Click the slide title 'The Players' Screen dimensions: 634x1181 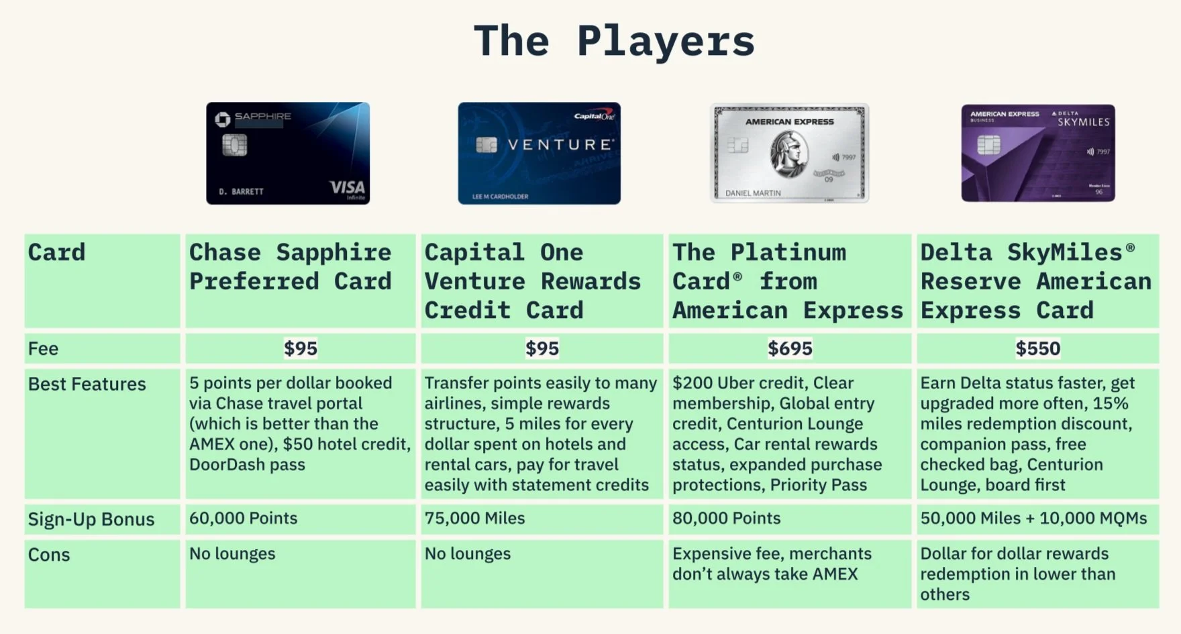pyautogui.click(x=614, y=42)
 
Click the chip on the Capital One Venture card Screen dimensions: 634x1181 pyautogui.click(x=486, y=144)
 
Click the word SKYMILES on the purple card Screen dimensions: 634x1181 pyautogui.click(x=1083, y=122)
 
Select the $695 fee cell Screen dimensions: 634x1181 pyautogui.click(x=790, y=348)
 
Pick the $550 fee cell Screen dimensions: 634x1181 pyautogui.click(x=1037, y=348)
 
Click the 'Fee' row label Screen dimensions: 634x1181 pyautogui.click(x=44, y=349)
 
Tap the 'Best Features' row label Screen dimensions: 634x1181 pyautogui.click(x=87, y=384)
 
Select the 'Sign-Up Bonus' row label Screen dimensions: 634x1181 pyautogui.click(x=91, y=519)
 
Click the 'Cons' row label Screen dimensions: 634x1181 pyautogui.click(x=49, y=555)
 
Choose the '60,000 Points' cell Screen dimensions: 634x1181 pyautogui.click(x=243, y=519)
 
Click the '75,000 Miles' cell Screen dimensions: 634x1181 pyautogui.click(x=474, y=519)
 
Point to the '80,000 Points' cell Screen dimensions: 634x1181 pyautogui.click(x=727, y=519)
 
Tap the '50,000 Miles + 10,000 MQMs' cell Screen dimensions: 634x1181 pyautogui.click(x=1033, y=519)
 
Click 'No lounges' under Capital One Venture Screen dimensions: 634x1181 pyautogui.click(x=468, y=554)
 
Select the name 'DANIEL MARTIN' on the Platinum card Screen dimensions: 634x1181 pyautogui.click(x=753, y=193)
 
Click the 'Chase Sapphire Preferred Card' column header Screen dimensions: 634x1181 pyautogui.click(x=291, y=267)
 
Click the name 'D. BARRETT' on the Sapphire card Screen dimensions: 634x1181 pyautogui.click(x=241, y=192)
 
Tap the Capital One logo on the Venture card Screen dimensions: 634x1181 pyautogui.click(x=595, y=116)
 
